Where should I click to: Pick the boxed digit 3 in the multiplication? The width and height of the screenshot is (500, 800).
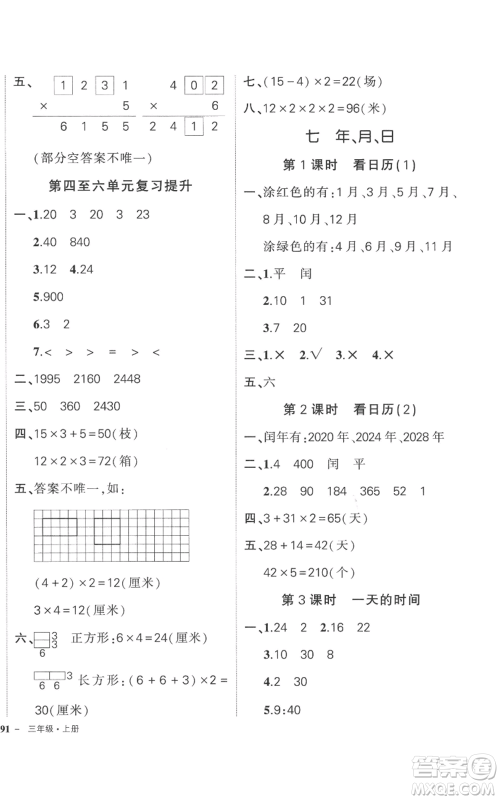point(101,85)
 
